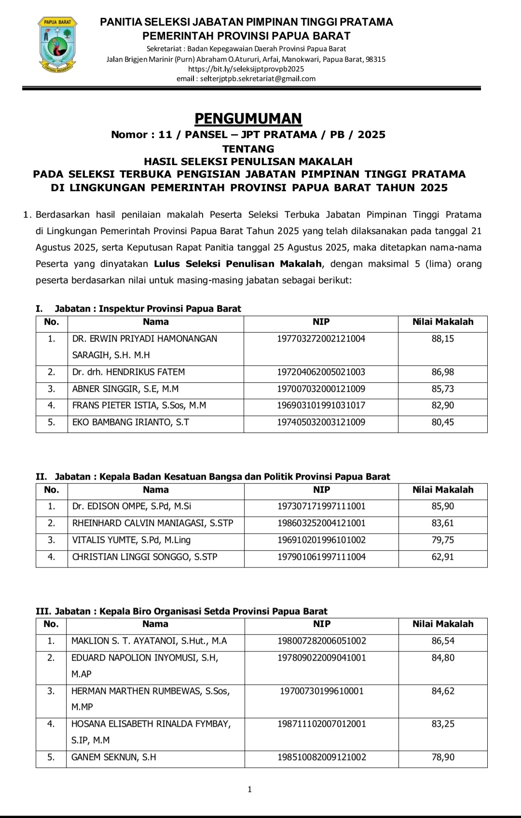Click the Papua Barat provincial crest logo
pyautogui.click(x=57, y=44)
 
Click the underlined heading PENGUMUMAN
pyautogui.click(x=248, y=118)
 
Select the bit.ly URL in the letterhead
pyautogui.click(x=246, y=69)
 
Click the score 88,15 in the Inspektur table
pyautogui.click(x=442, y=339)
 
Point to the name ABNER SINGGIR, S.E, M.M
pyautogui.click(x=125, y=389)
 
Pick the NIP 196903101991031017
pyautogui.click(x=321, y=405)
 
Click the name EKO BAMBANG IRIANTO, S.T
pyautogui.click(x=131, y=422)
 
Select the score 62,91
pyautogui.click(x=442, y=557)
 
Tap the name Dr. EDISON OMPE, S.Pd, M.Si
pyautogui.click(x=132, y=506)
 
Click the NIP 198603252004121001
pyautogui.click(x=321, y=523)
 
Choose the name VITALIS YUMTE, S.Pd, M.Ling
pyautogui.click(x=131, y=540)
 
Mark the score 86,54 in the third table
pyautogui.click(x=442, y=641)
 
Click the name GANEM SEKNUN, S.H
pyautogui.click(x=114, y=757)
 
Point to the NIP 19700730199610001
pyautogui.click(x=321, y=691)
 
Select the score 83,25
pyautogui.click(x=442, y=724)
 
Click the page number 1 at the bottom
pyautogui.click(x=249, y=790)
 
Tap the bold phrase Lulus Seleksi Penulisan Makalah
pyautogui.click(x=238, y=264)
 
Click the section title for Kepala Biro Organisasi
pyautogui.click(x=182, y=611)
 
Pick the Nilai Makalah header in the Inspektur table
pyautogui.click(x=442, y=322)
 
